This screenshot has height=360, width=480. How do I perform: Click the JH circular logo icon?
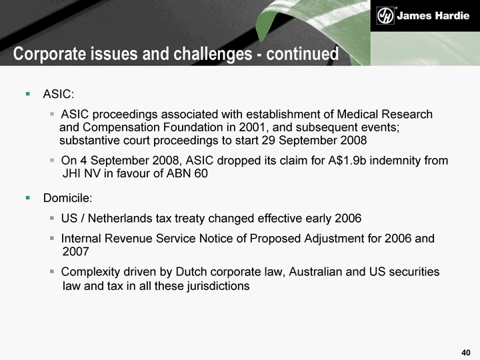pyautogui.click(x=385, y=15)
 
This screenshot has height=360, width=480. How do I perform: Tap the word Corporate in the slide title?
pyautogui.click(x=49, y=54)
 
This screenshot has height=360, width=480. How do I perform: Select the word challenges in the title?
pyautogui.click(x=213, y=54)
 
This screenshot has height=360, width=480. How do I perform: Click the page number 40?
pyautogui.click(x=465, y=353)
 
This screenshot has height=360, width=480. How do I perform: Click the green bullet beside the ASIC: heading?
pyautogui.click(x=28, y=94)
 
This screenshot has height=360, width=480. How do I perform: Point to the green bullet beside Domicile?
pyautogui.click(x=28, y=198)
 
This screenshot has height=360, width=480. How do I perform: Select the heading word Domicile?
pyautogui.click(x=67, y=198)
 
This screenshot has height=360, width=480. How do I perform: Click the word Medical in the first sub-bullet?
pyautogui.click(x=357, y=114)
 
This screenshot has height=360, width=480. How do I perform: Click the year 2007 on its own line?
pyautogui.click(x=75, y=251)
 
